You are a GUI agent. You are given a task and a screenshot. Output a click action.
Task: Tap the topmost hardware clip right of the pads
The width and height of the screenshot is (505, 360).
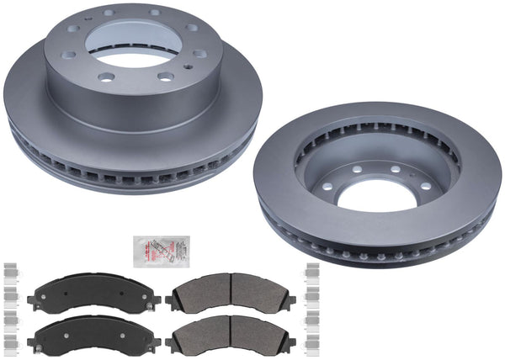tap(312, 270)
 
